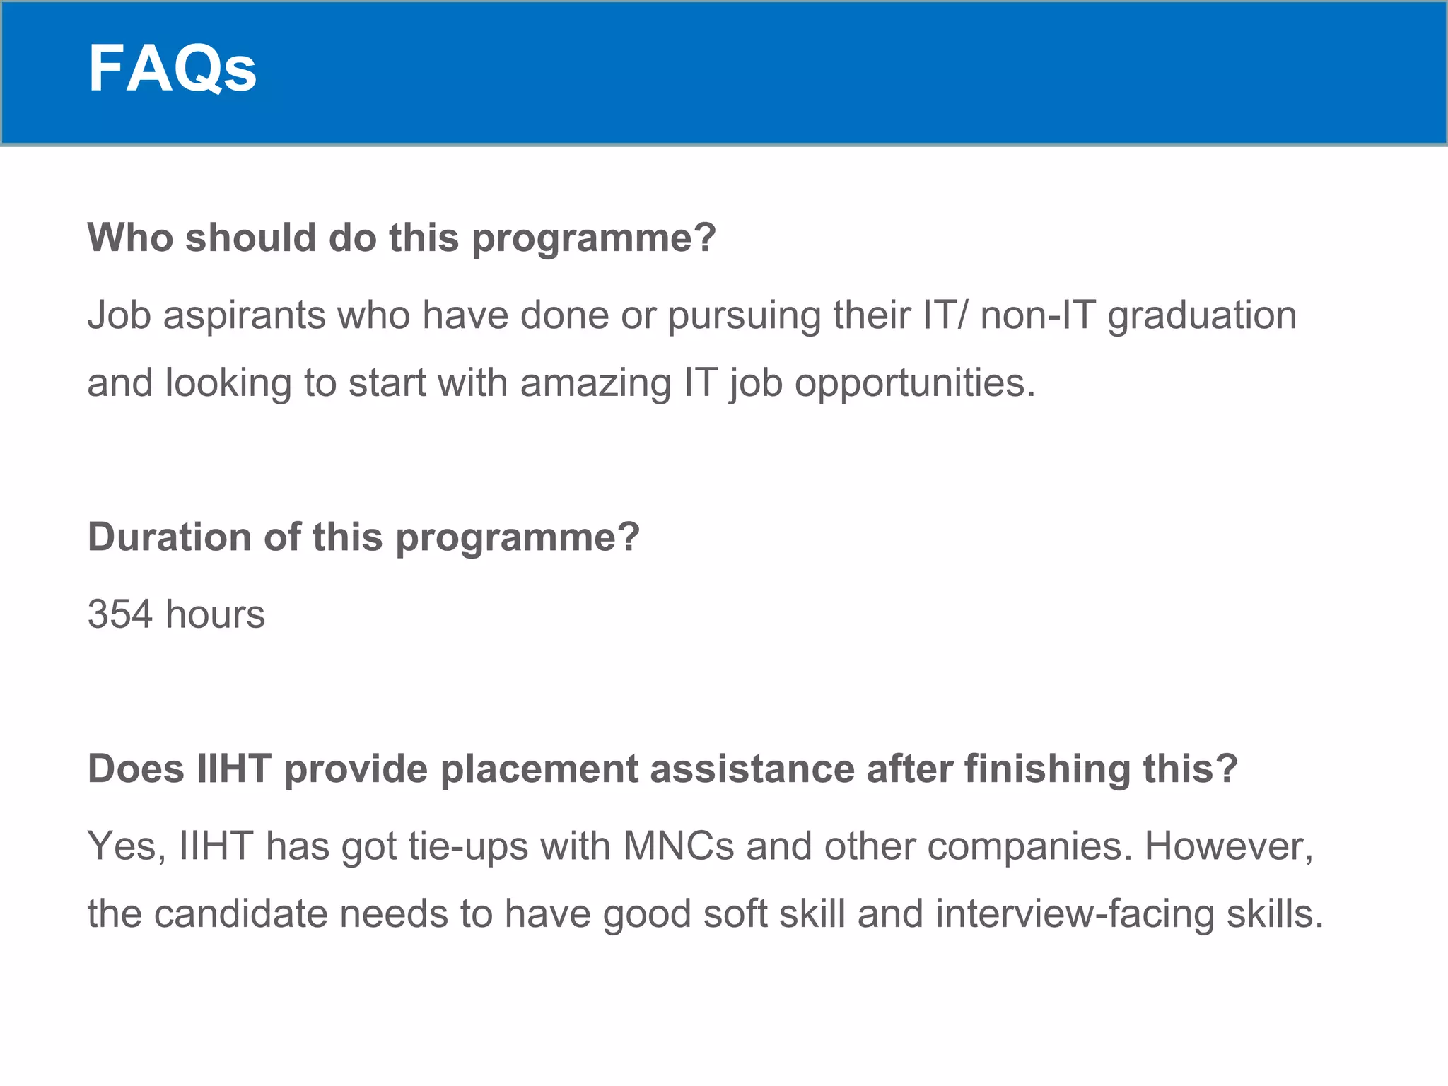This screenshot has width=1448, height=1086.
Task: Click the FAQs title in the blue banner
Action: pyautogui.click(x=172, y=69)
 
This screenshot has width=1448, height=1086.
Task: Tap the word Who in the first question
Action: pyautogui.click(x=130, y=238)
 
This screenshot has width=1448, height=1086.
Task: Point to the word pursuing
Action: pyautogui.click(x=744, y=316)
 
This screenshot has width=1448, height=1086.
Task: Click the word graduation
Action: pyautogui.click(x=1201, y=316)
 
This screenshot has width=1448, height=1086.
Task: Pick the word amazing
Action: pyautogui.click(x=595, y=384)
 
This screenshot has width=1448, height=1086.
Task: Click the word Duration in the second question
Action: pyautogui.click(x=170, y=537)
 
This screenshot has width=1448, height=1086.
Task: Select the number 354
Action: pyautogui.click(x=120, y=614)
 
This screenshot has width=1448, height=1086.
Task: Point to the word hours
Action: pyautogui.click(x=215, y=614)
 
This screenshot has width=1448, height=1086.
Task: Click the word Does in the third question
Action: pyautogui.click(x=136, y=769)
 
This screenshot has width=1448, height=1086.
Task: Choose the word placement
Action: pyautogui.click(x=539, y=769)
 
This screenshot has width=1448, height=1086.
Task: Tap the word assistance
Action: pyautogui.click(x=752, y=769)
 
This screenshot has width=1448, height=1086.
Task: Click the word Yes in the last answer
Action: pyautogui.click(x=122, y=846)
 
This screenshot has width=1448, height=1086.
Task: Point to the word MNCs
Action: pyautogui.click(x=679, y=846)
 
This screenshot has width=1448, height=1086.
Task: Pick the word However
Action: pyautogui.click(x=1228, y=847)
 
